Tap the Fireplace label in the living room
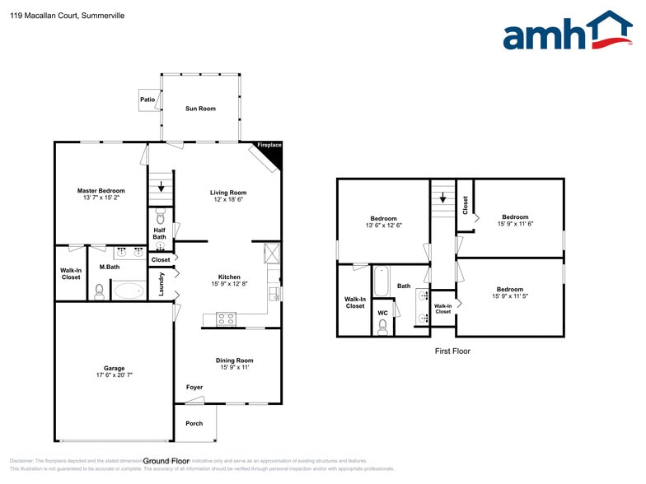(x=269, y=145)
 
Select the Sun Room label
(x=200, y=108)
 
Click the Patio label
(x=147, y=100)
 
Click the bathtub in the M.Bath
(x=128, y=291)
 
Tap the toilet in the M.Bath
(x=100, y=291)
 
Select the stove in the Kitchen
(x=226, y=319)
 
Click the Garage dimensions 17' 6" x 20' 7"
(x=114, y=375)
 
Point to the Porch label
(x=194, y=423)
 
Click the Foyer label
(x=194, y=387)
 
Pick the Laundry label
(x=161, y=284)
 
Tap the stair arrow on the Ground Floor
(x=161, y=188)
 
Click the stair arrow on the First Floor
(x=442, y=198)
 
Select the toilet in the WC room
(x=382, y=327)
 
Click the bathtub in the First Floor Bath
(x=382, y=282)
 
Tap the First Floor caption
(x=452, y=351)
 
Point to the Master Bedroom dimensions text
(x=101, y=198)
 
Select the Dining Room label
(x=234, y=360)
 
